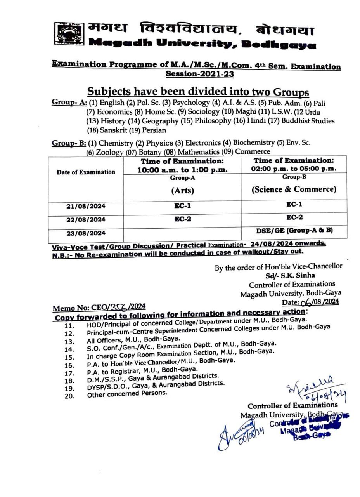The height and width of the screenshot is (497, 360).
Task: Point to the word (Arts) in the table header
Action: (182, 190)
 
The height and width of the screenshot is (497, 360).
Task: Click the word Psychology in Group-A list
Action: (191, 103)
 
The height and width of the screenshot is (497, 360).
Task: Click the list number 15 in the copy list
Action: (69, 357)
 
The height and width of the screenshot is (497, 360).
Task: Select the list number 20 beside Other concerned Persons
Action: (69, 396)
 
